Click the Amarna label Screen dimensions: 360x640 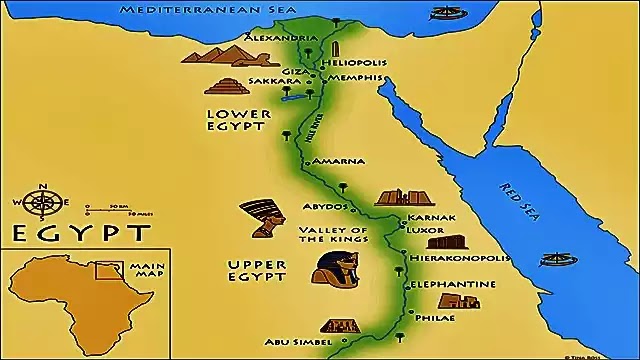tap(338, 161)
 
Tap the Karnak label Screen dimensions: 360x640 tap(431, 217)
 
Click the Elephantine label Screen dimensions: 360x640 tap(453, 284)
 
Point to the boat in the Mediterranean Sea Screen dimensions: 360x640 tap(443, 15)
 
